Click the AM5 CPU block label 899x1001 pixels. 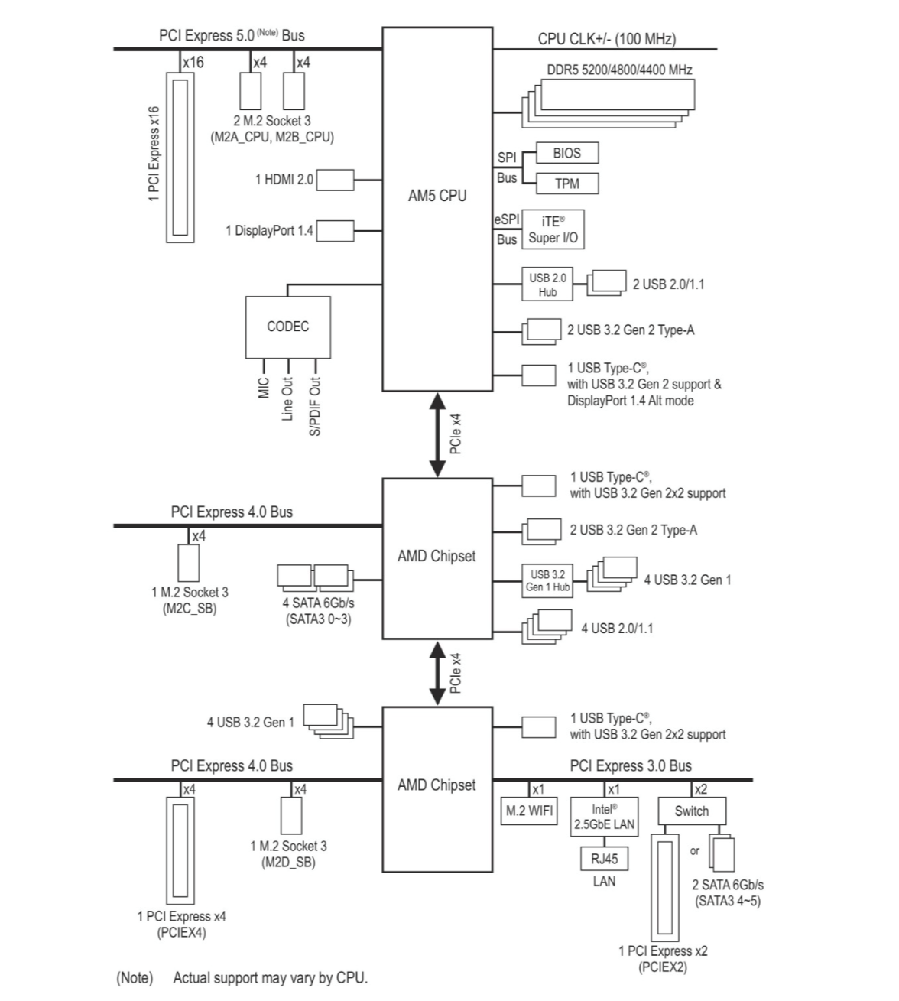click(437, 196)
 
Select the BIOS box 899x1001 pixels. click(567, 153)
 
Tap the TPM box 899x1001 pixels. click(567, 184)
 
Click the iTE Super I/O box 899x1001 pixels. click(553, 229)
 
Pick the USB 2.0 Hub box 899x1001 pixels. click(547, 284)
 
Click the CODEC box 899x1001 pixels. click(288, 327)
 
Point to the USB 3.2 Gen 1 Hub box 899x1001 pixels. click(547, 580)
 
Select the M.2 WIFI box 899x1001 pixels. click(529, 811)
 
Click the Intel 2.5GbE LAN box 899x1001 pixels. click(604, 816)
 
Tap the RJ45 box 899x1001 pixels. click(604, 859)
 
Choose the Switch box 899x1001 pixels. click(692, 811)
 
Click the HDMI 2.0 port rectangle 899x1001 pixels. click(335, 180)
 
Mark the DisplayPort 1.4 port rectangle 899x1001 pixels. click(335, 231)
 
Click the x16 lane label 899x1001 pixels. click(193, 63)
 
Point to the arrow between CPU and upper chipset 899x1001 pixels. click(437, 435)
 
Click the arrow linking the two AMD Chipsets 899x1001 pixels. click(437, 673)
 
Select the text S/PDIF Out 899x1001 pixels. click(315, 407)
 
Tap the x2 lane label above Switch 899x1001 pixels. click(701, 789)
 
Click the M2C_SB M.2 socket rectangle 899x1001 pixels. click(189, 564)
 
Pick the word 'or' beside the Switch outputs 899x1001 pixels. click(694, 851)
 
